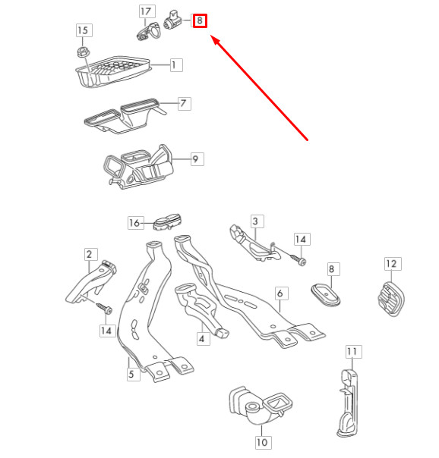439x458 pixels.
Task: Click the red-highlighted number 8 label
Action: click(200, 20)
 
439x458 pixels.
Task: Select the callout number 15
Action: click(83, 30)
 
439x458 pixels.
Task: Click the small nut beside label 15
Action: click(83, 52)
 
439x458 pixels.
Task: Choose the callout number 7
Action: click(183, 102)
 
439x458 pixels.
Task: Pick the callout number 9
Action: click(195, 159)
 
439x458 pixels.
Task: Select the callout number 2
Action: click(89, 255)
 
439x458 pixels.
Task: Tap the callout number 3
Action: click(256, 221)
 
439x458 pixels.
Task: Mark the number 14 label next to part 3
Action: click(301, 240)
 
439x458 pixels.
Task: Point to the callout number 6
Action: click(279, 293)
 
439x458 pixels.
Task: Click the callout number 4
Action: click(202, 338)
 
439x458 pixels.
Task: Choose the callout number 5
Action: click(131, 374)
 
